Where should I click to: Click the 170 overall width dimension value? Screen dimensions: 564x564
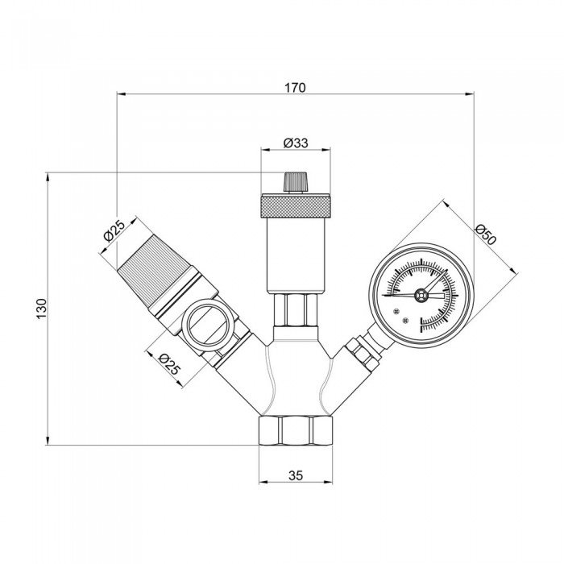tap(295, 87)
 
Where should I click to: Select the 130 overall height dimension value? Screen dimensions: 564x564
tap(42, 307)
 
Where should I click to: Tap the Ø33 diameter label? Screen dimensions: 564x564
tap(296, 143)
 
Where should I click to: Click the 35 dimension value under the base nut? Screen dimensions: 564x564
tap(296, 475)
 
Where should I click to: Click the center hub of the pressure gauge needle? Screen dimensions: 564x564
tap(419, 296)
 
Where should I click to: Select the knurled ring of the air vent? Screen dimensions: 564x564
tap(296, 205)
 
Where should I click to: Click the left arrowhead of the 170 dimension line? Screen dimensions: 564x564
tap(122, 95)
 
